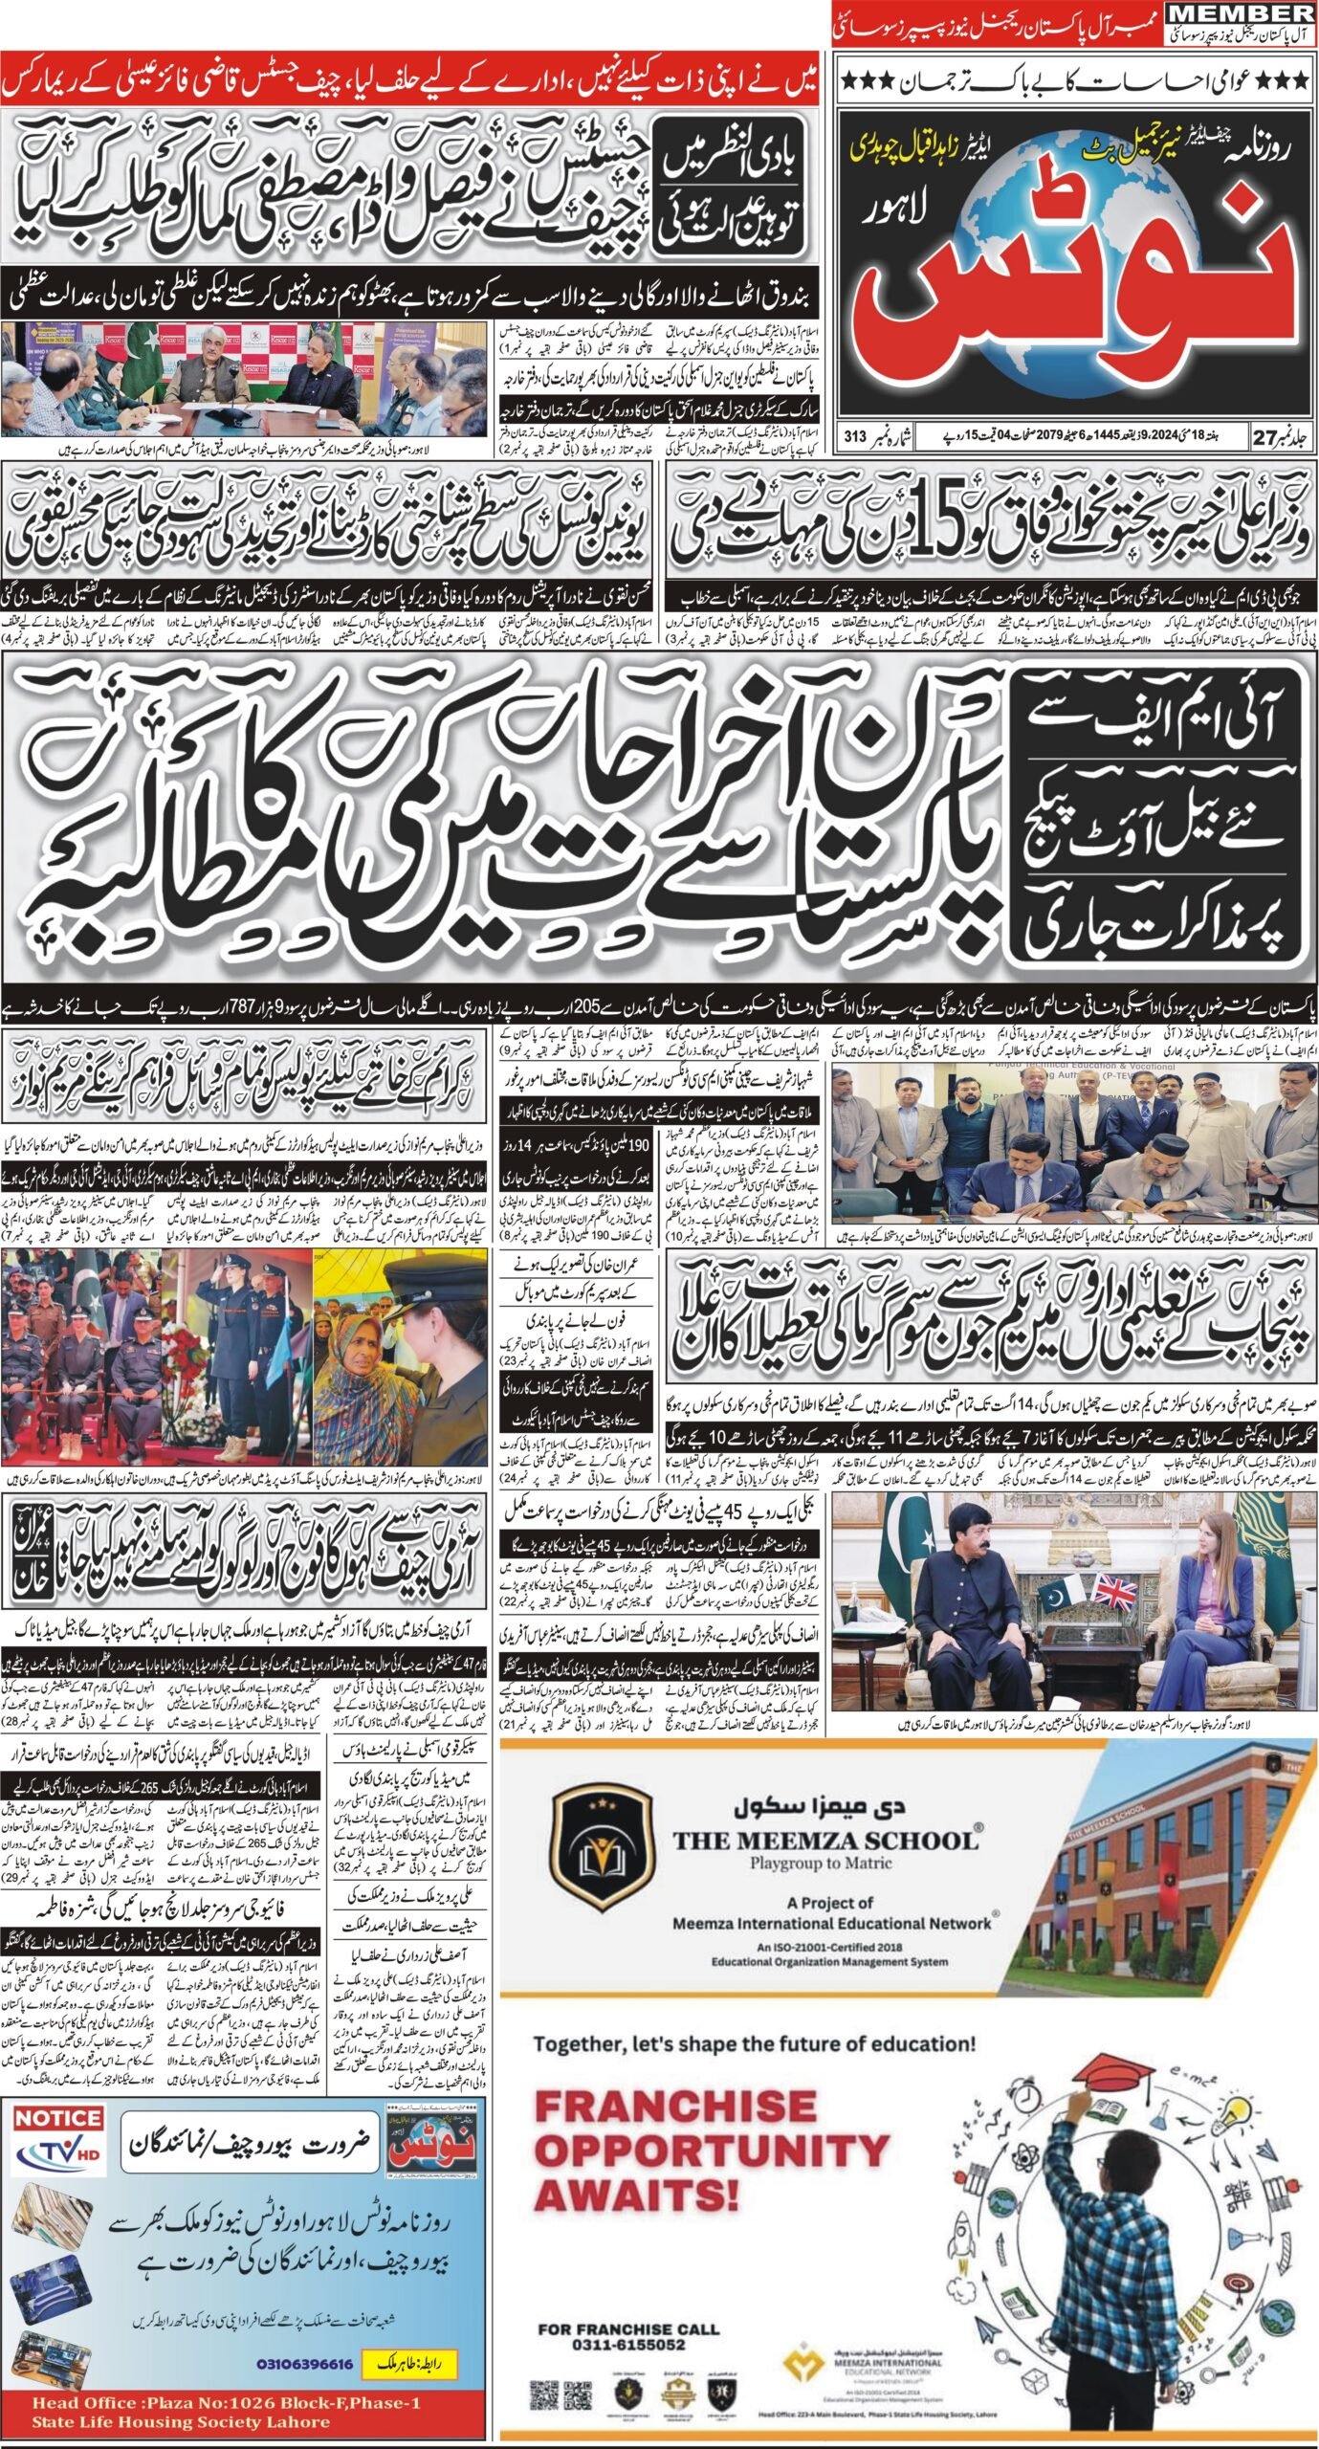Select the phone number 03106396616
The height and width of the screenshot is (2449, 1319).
click(305, 2277)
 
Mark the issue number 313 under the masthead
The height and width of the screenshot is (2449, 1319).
click(855, 436)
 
